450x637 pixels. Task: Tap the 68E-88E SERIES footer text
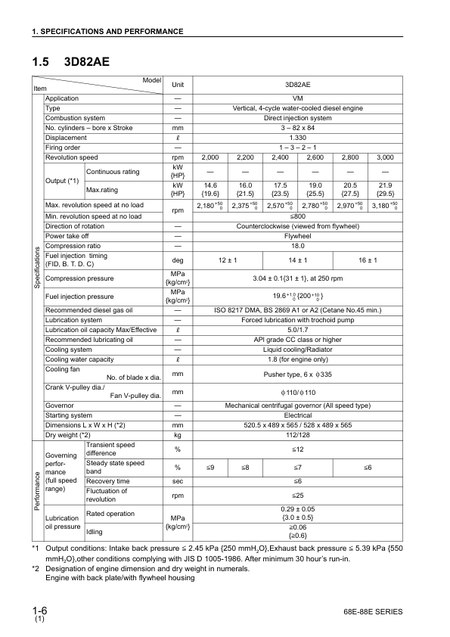(372, 611)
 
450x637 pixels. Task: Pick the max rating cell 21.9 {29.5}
(385, 188)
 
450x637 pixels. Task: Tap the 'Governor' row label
(60, 406)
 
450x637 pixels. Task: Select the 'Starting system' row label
(70, 415)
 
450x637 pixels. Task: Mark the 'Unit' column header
(178, 85)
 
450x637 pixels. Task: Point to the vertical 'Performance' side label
(37, 491)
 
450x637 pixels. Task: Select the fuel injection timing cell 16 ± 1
(368, 260)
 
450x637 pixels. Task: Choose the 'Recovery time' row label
(107, 481)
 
